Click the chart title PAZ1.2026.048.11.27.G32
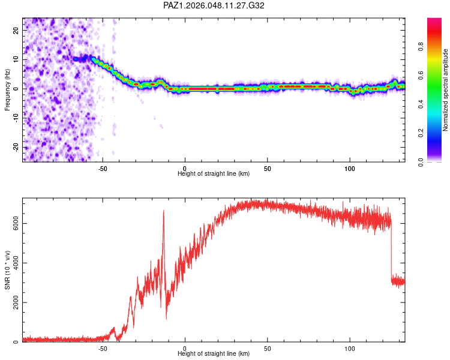coord(214,5)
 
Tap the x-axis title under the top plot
coord(214,173)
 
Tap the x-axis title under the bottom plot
coord(214,353)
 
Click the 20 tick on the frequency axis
coord(16,30)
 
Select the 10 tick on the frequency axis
coord(16,59)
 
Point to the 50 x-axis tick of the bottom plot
coord(268,347)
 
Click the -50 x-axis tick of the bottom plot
coord(103,347)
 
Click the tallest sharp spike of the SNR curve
coord(163,211)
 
